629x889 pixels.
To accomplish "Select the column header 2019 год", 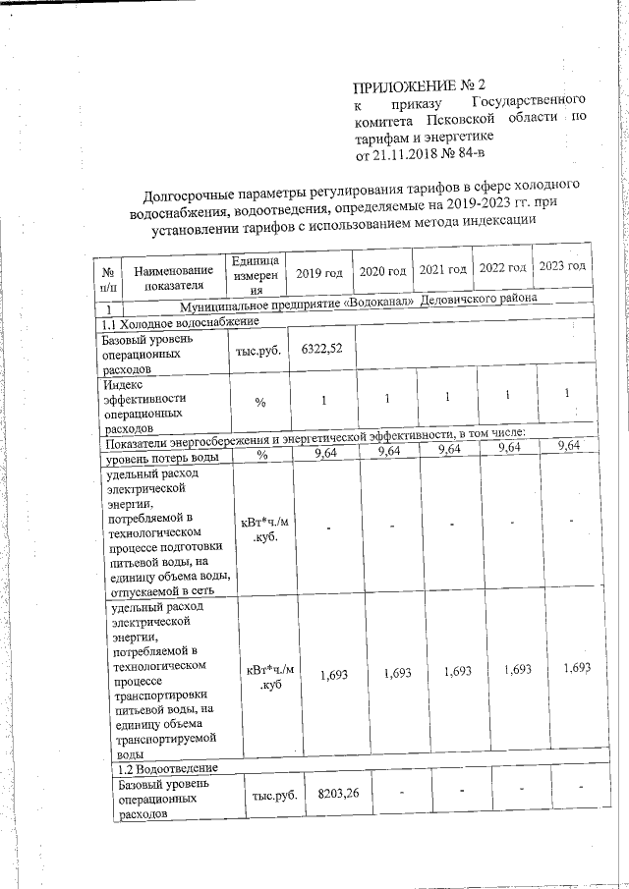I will [x=319, y=272].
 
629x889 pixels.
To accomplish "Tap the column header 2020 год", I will [x=383, y=270].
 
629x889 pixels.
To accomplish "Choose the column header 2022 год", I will [x=503, y=268].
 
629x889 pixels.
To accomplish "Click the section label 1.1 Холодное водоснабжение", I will [x=181, y=321].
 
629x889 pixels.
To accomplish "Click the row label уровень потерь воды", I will [x=162, y=457].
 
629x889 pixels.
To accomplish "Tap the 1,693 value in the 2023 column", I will [x=577, y=668].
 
